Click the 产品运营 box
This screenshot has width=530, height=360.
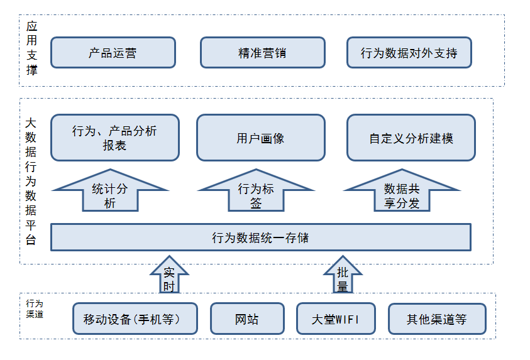point(113,53)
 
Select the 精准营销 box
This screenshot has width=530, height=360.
point(262,53)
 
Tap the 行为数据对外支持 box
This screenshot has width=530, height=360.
point(409,53)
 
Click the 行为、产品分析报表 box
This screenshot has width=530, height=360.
point(114,138)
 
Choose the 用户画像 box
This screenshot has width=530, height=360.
point(260,138)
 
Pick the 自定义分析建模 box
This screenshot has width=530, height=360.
point(411,138)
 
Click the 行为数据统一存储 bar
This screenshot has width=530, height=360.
point(260,237)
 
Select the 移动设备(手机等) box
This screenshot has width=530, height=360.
point(135,319)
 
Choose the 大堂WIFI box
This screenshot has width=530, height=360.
point(336,319)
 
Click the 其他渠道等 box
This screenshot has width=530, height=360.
point(437,319)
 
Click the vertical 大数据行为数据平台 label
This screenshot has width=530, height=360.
point(31,182)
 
